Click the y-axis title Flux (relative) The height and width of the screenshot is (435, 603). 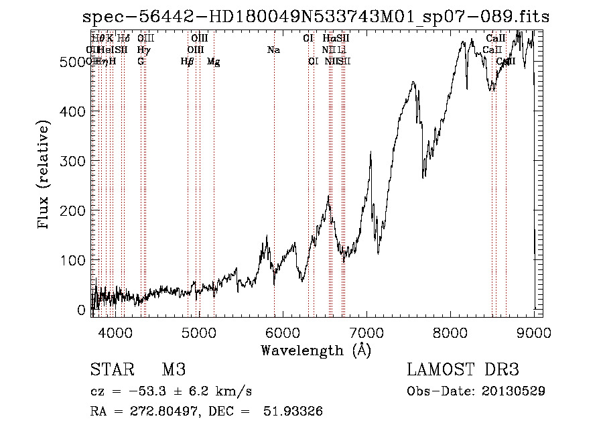click(45, 176)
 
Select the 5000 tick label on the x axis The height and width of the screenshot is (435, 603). click(198, 332)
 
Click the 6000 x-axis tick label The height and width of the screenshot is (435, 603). click(282, 332)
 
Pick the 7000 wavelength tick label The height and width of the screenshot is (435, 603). click(366, 332)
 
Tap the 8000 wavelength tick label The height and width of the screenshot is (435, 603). click(450, 332)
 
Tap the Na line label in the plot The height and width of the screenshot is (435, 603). click(273, 50)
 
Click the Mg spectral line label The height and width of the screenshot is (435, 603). click(213, 62)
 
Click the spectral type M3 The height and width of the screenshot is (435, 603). click(174, 370)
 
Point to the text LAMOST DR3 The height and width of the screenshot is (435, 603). click(463, 370)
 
